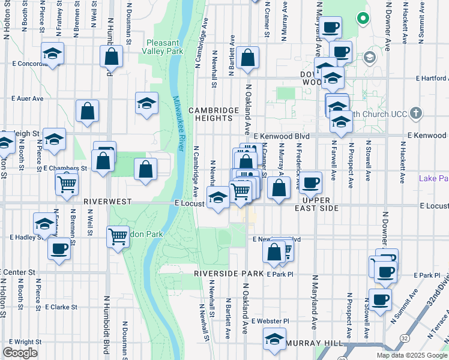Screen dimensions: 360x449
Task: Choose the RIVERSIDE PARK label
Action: click(229, 273)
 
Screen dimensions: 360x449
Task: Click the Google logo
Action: click(20, 353)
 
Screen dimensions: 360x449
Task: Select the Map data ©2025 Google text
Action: click(412, 355)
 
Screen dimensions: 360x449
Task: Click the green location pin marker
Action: click(363, 18)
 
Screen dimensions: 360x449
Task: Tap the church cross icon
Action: click(415, 113)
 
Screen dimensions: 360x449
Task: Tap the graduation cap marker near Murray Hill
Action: click(275, 339)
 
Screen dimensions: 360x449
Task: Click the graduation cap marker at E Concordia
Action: click(53, 54)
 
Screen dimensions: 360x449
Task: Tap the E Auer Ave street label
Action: click(28, 98)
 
